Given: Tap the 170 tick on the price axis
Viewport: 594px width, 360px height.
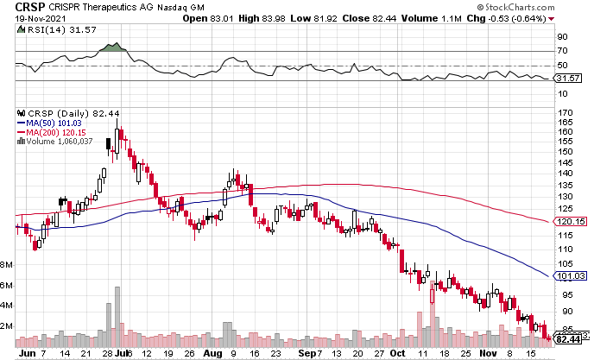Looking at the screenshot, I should (566, 112).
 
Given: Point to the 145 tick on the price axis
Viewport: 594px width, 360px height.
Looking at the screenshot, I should (566, 161).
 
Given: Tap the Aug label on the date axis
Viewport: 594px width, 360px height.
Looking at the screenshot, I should (212, 352).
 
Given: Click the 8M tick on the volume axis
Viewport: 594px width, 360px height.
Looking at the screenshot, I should (7, 265).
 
